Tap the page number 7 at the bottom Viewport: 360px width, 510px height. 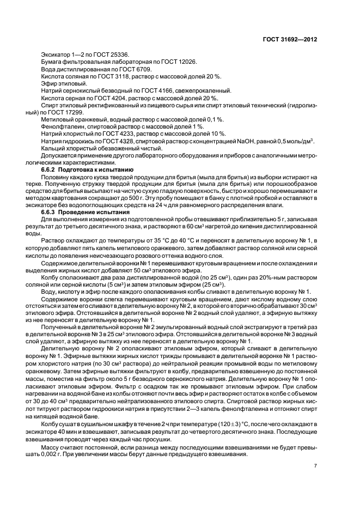pos(315,465)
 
